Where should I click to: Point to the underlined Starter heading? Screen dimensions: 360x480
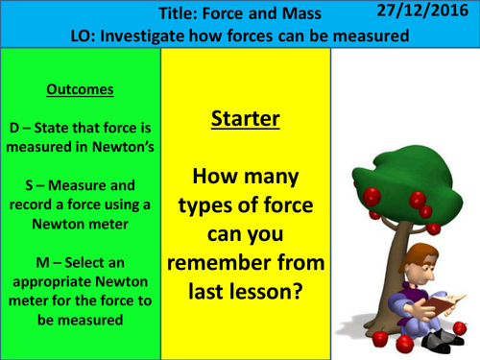click(245, 120)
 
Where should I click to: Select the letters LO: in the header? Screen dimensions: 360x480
click(86, 36)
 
